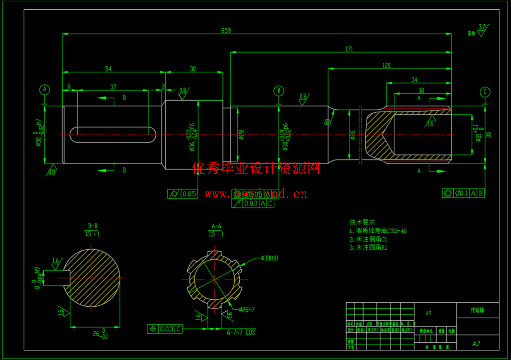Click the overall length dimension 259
pyautogui.click(x=226, y=31)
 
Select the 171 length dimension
pyautogui.click(x=349, y=49)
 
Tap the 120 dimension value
pyautogui.click(x=386, y=65)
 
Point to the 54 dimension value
pyautogui.click(x=108, y=69)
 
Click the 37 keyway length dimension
pyautogui.click(x=113, y=87)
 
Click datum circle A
pyautogui.click(x=45, y=89)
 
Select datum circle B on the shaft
pyautogui.click(x=279, y=91)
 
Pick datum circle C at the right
pyautogui.click(x=485, y=92)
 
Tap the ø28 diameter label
pyautogui.click(x=241, y=135)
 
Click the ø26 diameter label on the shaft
pyautogui.click(x=353, y=135)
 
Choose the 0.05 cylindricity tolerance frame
pyautogui.click(x=182, y=194)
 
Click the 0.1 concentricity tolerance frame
pyautogui.click(x=463, y=193)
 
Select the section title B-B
pyautogui.click(x=93, y=226)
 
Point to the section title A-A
pyautogui.click(x=216, y=226)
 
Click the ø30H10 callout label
pyautogui.click(x=269, y=258)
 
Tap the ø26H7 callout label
pyautogui.click(x=247, y=310)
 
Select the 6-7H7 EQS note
pyautogui.click(x=241, y=332)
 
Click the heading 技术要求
pyautogui.click(x=362, y=222)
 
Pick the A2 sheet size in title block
pyautogui.click(x=476, y=344)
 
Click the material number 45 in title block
pyautogui.click(x=428, y=313)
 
